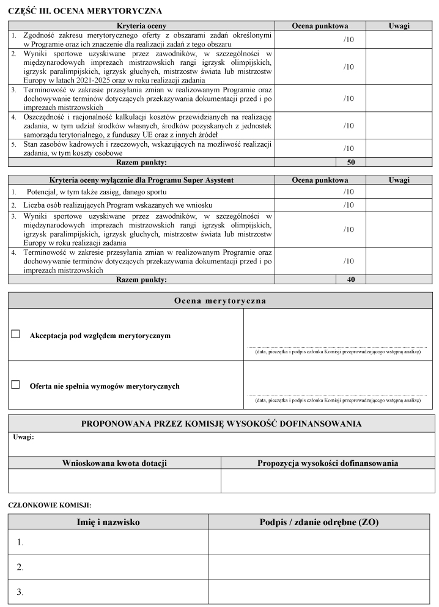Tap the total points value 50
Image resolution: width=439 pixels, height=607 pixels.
tap(351, 163)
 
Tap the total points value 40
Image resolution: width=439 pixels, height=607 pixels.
tap(351, 279)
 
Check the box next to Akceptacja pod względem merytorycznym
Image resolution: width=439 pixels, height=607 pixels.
tap(16, 334)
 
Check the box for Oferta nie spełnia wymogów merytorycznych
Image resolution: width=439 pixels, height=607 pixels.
tap(16, 384)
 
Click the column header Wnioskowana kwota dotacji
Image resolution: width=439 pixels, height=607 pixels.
tap(114, 463)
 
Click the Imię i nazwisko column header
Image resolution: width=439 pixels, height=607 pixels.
tap(108, 522)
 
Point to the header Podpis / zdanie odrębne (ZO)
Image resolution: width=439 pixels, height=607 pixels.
tap(319, 522)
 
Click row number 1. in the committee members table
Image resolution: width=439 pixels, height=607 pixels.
tap(20, 542)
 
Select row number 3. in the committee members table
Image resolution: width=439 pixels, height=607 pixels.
tap(20, 592)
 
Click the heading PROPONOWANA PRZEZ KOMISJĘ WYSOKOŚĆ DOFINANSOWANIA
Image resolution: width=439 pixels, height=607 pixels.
tap(221, 424)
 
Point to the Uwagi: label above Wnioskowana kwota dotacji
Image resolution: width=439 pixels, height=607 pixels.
tap(23, 437)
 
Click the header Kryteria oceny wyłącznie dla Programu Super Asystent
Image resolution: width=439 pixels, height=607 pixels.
tap(141, 180)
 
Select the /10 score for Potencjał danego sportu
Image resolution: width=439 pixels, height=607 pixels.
tap(349, 192)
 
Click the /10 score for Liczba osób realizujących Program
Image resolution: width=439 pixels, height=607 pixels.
tap(349, 205)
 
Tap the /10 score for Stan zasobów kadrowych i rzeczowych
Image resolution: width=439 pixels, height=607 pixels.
tap(349, 149)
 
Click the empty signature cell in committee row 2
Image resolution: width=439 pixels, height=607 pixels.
tap(321, 567)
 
